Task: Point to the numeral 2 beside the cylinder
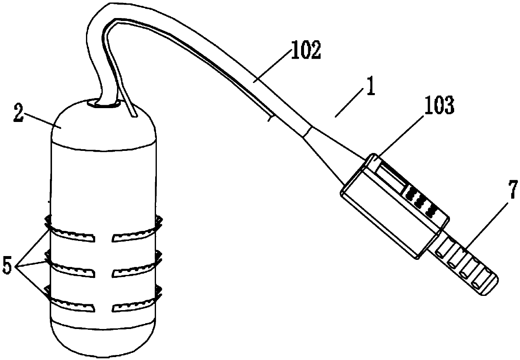pyautogui.click(x=18, y=113)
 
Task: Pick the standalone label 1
pyautogui.click(x=370, y=89)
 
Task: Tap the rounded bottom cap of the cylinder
pyautogui.click(x=103, y=339)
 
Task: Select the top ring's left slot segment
pyautogui.click(x=71, y=236)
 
